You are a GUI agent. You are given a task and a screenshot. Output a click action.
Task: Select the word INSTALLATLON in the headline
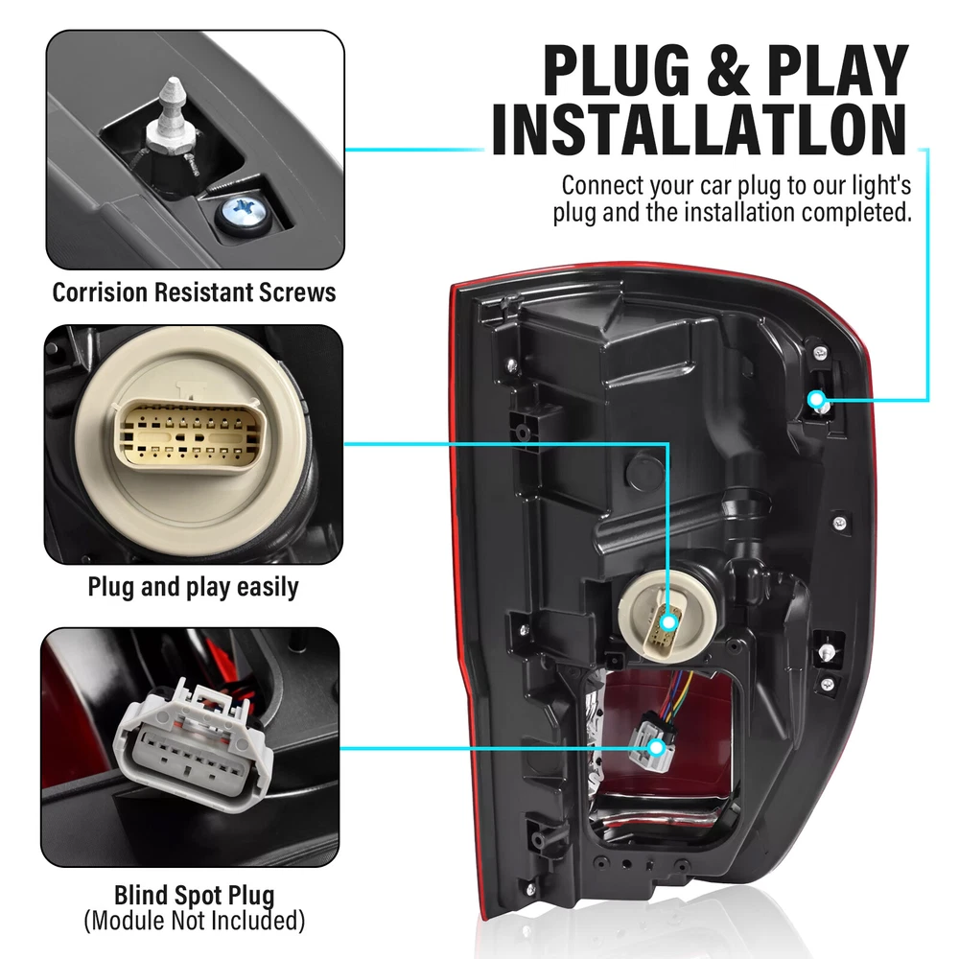pyautogui.click(x=699, y=129)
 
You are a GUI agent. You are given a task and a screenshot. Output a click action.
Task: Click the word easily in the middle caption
pyautogui.click(x=268, y=587)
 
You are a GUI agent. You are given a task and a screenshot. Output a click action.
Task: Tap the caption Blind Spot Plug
pyautogui.click(x=195, y=896)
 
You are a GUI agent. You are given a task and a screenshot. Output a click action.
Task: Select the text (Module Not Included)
pyautogui.click(x=195, y=921)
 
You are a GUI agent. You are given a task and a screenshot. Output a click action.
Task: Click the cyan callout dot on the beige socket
pyautogui.click(x=669, y=623)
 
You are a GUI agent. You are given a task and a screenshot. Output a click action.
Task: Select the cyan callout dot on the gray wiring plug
pyautogui.click(x=657, y=747)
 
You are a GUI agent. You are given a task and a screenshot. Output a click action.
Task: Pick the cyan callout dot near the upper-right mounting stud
pyautogui.click(x=815, y=400)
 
